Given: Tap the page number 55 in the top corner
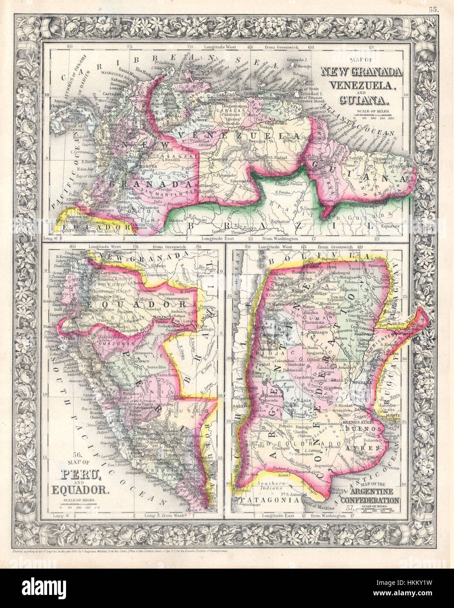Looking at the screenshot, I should tap(433, 8).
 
